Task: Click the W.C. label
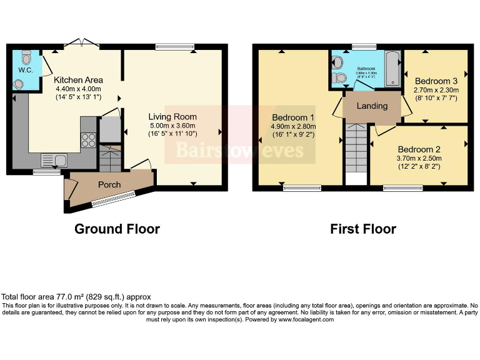[x=25, y=69]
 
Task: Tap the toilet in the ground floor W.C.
[x=26, y=57]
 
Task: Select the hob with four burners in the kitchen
[x=88, y=139]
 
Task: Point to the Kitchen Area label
[x=78, y=80]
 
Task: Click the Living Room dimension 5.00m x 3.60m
[x=172, y=125]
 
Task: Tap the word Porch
[x=109, y=184]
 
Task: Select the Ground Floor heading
[x=117, y=229]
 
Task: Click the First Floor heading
[x=363, y=229]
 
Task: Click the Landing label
[x=372, y=106]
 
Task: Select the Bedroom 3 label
[x=436, y=81]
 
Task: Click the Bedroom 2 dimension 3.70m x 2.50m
[x=419, y=159]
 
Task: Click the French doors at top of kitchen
[x=81, y=43]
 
